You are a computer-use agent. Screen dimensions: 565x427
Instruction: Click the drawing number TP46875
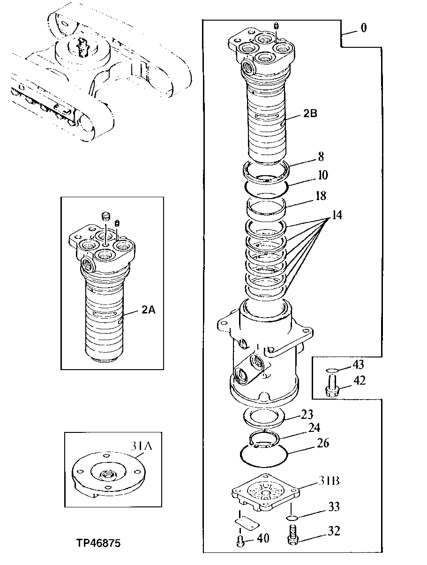coord(98,543)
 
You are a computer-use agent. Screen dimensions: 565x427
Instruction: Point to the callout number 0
coord(363,28)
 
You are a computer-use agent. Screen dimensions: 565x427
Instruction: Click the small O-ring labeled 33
coord(292,517)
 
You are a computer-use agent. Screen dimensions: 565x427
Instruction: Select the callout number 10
coord(322,175)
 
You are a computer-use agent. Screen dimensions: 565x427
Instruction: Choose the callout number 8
coord(321,156)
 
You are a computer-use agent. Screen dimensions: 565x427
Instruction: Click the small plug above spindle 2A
coord(106,216)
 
